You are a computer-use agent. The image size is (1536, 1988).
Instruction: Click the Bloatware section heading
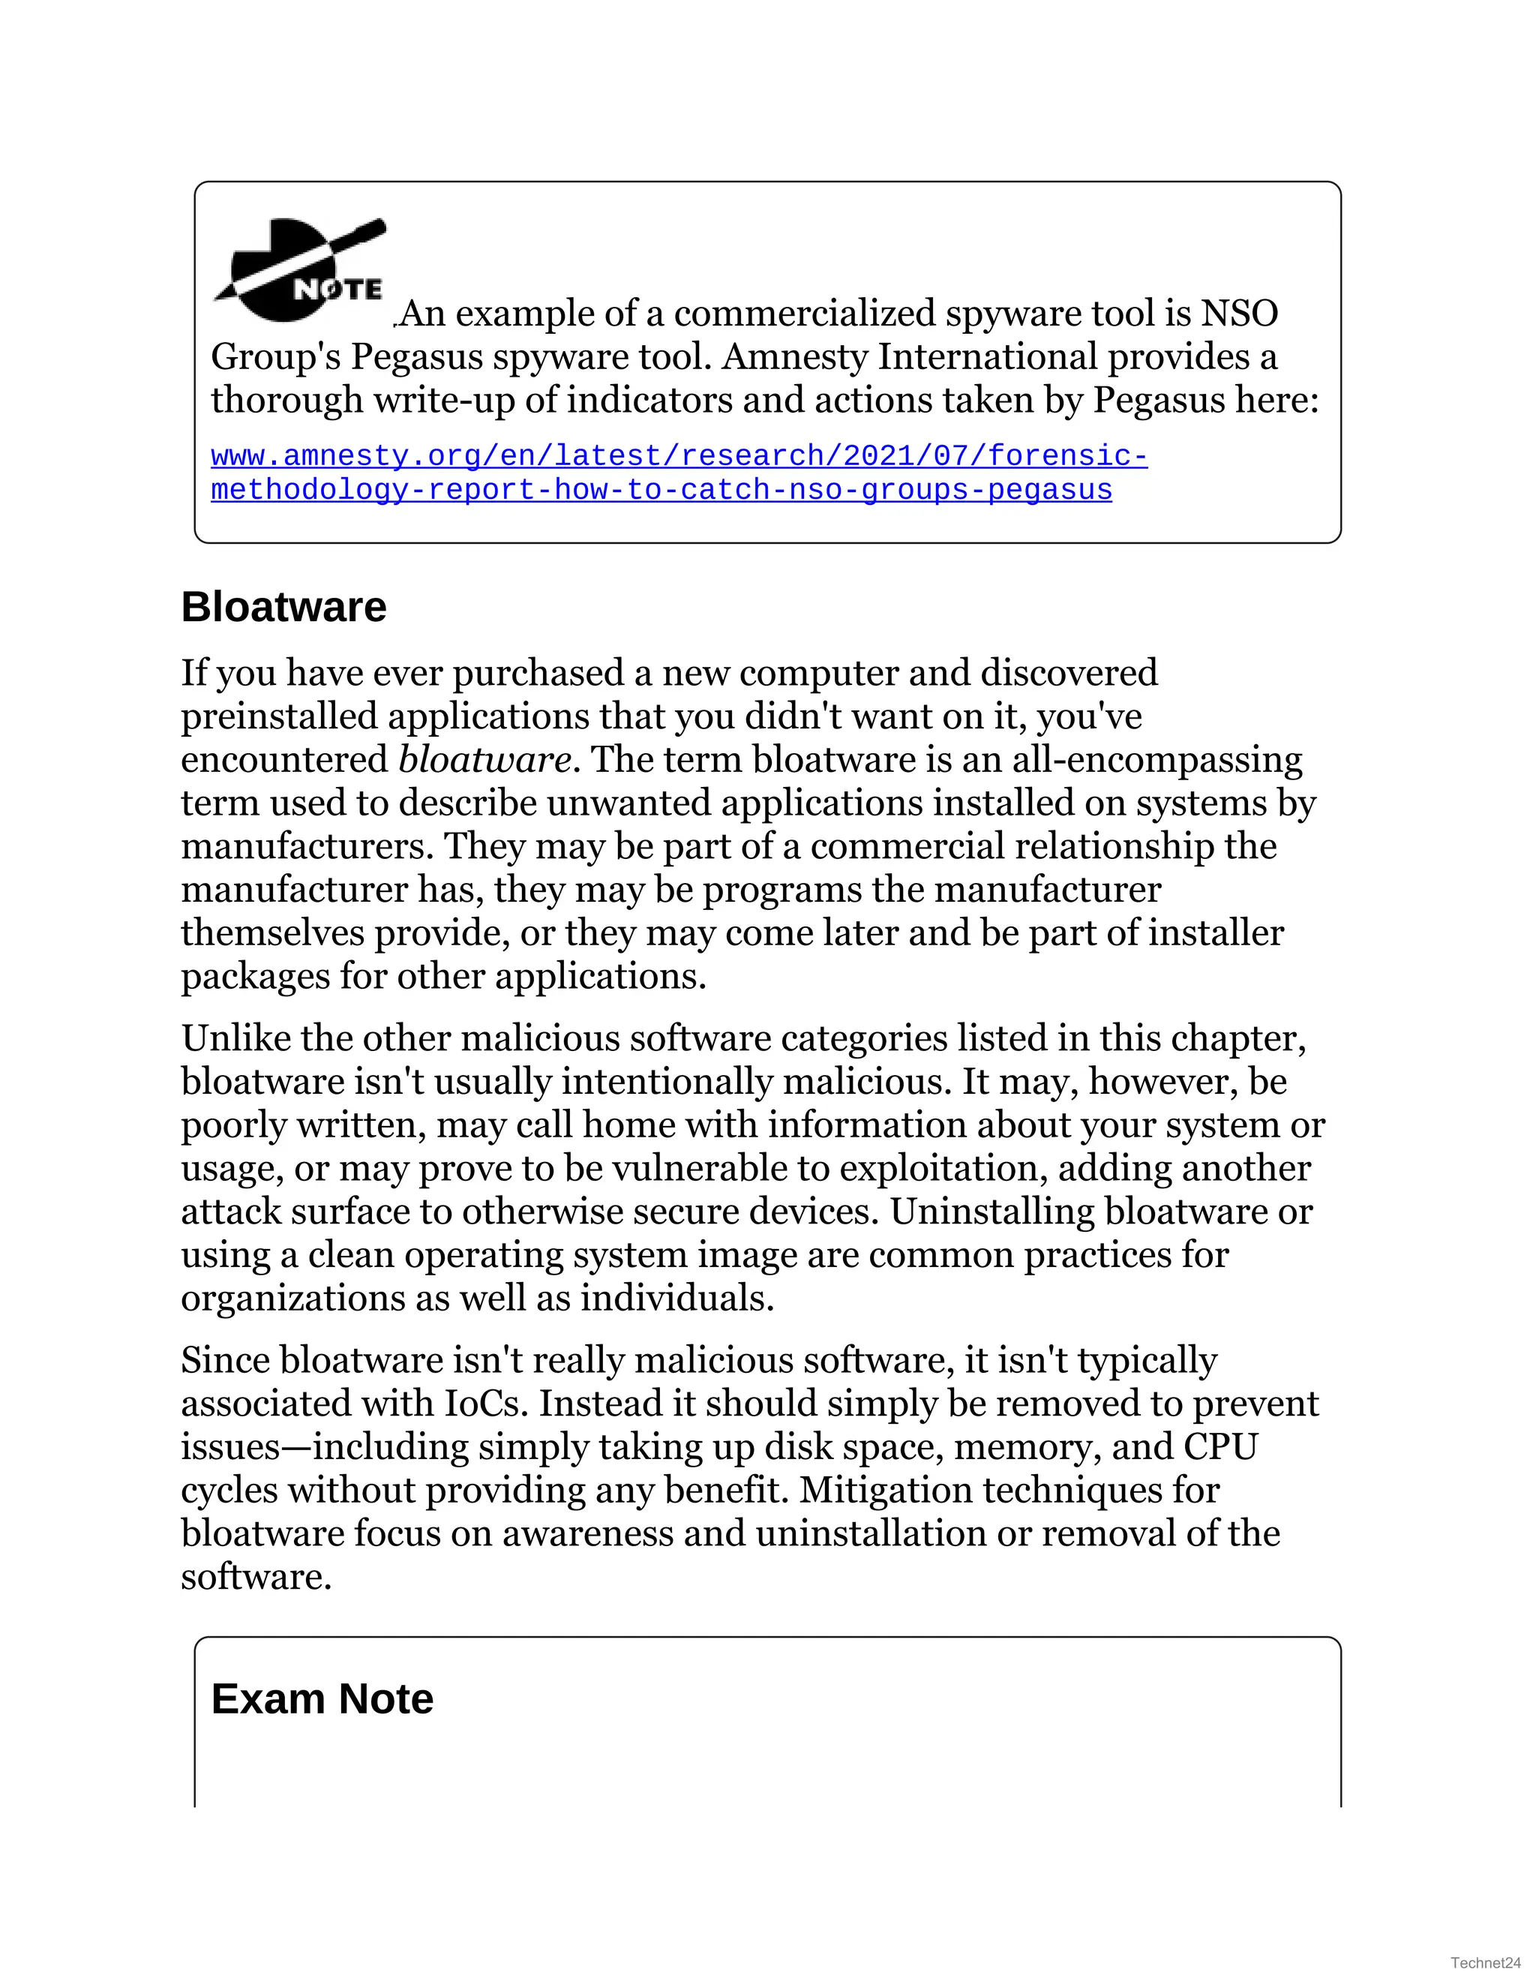click(284, 607)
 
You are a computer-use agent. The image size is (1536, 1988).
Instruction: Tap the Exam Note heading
click(322, 1699)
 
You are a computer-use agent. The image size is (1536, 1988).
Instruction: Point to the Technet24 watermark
click(1485, 1963)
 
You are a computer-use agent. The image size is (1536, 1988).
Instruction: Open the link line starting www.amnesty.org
click(679, 455)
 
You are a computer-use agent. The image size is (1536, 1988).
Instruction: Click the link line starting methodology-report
click(661, 490)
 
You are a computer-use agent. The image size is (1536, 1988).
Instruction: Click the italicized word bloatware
click(484, 759)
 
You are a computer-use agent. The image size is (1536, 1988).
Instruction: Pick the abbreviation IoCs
click(485, 1404)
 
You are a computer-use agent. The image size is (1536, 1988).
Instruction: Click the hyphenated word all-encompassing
click(1157, 760)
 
